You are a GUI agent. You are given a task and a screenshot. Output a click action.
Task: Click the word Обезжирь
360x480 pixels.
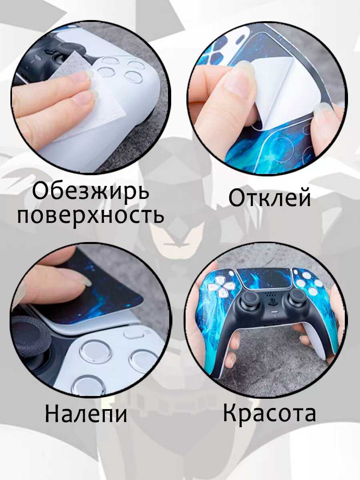click(x=91, y=192)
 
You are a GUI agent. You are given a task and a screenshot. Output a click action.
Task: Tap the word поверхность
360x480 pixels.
click(x=91, y=215)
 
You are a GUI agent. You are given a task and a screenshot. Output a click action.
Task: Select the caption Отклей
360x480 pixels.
click(x=269, y=198)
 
